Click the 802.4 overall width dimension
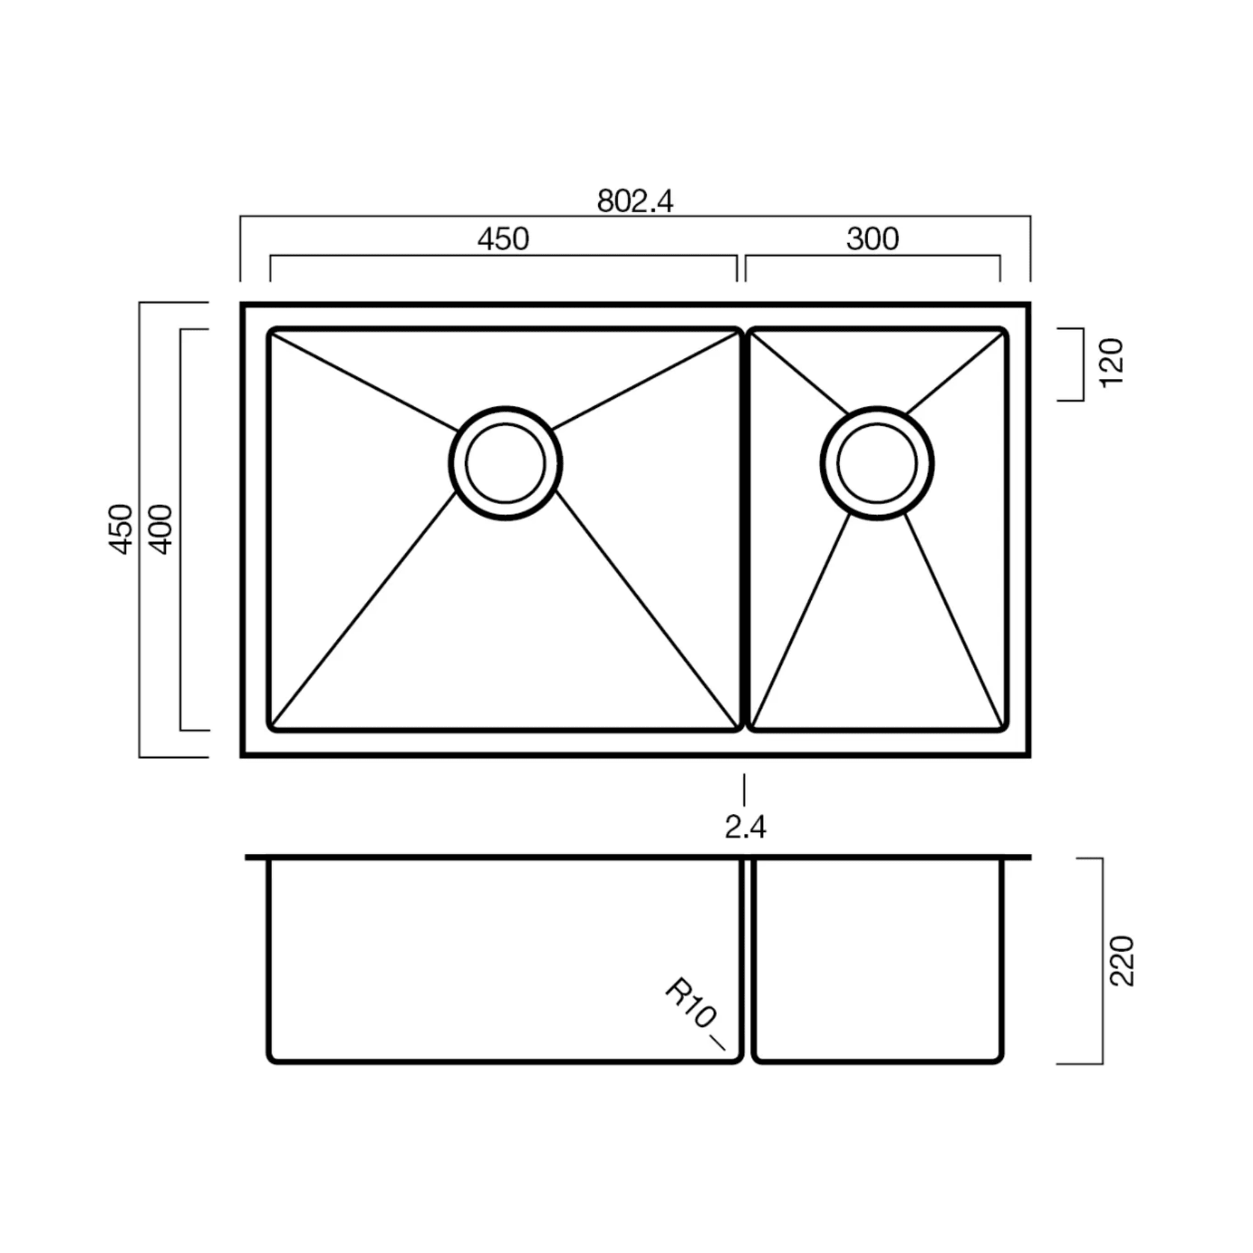635,201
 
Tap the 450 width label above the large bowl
503,239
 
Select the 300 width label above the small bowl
872,239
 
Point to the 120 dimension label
1112,363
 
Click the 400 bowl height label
161,529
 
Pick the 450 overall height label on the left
122,529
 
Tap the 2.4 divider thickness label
745,828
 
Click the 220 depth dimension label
1122,961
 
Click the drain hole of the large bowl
505,464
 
